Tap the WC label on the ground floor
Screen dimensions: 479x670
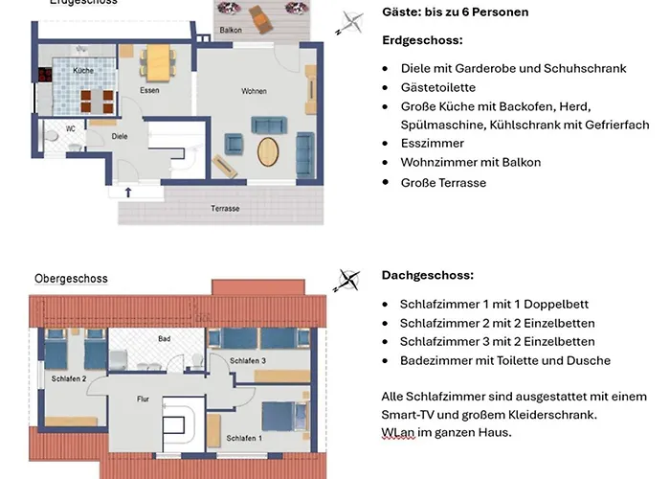(x=71, y=127)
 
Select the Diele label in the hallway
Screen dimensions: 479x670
(x=120, y=136)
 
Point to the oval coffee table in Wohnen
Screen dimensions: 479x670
(x=271, y=150)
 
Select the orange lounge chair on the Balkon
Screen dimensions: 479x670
(x=258, y=15)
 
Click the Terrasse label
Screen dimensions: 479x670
(x=225, y=208)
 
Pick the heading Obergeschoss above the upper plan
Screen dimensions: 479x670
(x=71, y=279)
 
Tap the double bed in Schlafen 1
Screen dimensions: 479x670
(x=283, y=416)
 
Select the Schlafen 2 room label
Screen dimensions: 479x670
(x=69, y=379)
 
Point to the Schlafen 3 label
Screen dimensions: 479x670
(x=247, y=359)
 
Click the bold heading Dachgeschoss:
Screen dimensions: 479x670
(x=427, y=275)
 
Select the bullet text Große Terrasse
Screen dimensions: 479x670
(x=443, y=182)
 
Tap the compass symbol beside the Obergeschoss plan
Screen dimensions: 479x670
(x=346, y=281)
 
